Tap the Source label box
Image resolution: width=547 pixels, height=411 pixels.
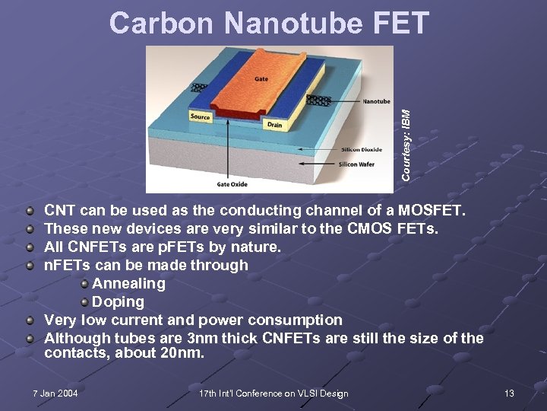point(200,116)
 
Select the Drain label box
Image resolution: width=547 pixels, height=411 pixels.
point(274,124)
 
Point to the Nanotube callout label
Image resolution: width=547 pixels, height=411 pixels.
point(376,101)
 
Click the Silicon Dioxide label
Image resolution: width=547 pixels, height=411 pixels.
point(362,149)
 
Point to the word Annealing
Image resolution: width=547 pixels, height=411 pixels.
point(128,283)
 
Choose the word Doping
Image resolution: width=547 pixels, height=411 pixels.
point(118,301)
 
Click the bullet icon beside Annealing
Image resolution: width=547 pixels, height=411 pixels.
point(84,283)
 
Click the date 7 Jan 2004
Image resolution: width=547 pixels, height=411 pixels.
point(55,393)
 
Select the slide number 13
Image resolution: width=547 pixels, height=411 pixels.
point(509,393)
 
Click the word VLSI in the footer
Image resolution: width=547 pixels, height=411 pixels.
point(301,393)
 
